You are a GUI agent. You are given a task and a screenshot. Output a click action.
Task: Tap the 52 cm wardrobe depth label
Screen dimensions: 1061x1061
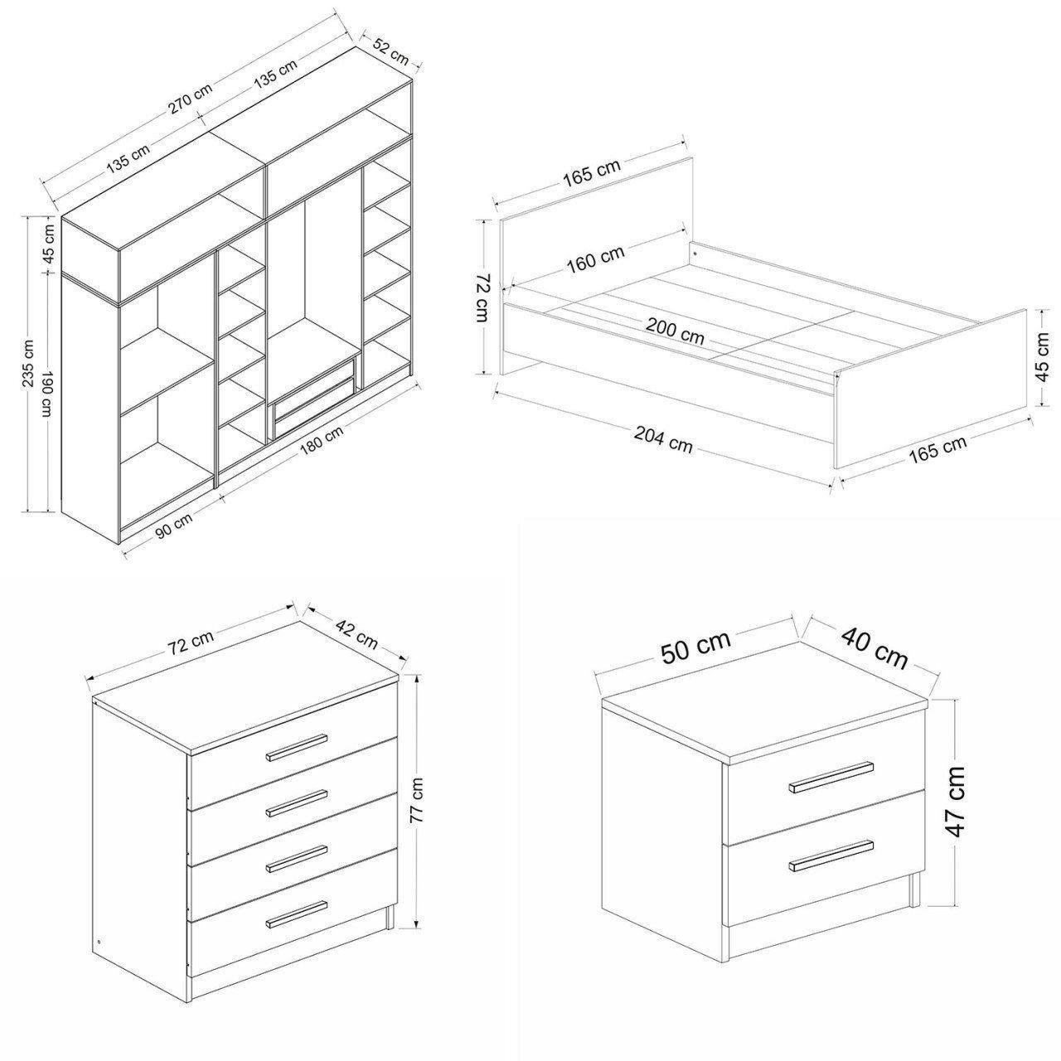click(391, 51)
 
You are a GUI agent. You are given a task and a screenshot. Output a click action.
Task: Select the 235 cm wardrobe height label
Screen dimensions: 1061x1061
click(29, 364)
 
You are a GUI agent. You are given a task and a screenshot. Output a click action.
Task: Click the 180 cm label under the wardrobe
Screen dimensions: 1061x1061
click(322, 441)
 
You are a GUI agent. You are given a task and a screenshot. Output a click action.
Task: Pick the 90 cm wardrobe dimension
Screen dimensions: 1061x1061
click(174, 526)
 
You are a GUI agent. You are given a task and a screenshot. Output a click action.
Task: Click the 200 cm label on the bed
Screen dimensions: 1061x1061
click(675, 332)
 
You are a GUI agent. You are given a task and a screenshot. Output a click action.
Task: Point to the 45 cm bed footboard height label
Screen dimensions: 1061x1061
click(1041, 357)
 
